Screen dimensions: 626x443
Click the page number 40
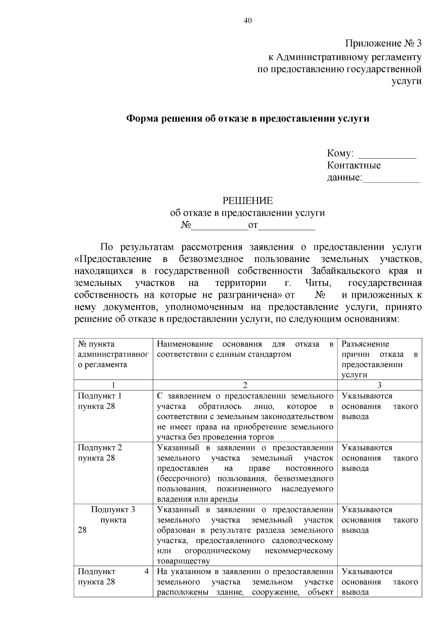248,21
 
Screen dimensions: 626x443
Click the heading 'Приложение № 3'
383,44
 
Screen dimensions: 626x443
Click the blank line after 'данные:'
392,179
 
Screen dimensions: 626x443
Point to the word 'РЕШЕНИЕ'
247,201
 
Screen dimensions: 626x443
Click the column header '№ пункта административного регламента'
113,354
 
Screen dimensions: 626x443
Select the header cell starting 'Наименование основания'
245,349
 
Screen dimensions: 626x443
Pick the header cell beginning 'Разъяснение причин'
379,359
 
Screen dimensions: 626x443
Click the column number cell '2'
245,385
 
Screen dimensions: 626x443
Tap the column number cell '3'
379,385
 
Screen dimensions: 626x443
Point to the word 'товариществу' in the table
183,561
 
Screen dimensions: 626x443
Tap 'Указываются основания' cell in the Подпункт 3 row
379,520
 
